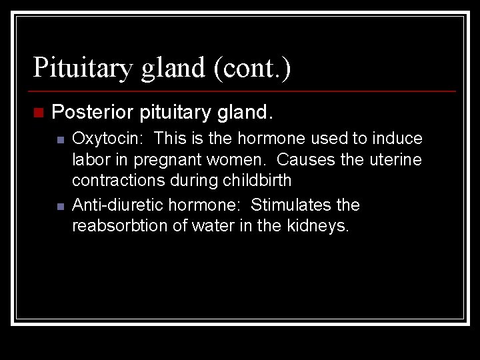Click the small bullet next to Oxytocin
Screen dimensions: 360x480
click(x=60, y=140)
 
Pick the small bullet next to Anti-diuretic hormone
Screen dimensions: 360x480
click(x=60, y=206)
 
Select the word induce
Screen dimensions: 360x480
click(x=399, y=139)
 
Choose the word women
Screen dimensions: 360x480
click(x=234, y=160)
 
